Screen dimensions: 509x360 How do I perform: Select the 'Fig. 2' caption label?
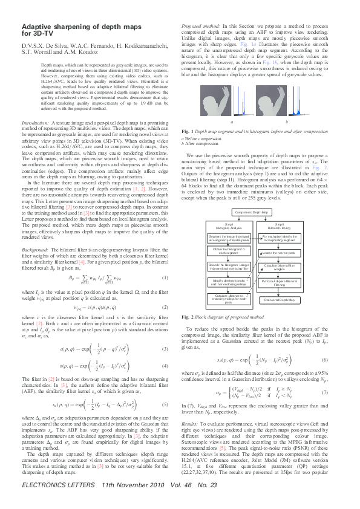click(x=188, y=317)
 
